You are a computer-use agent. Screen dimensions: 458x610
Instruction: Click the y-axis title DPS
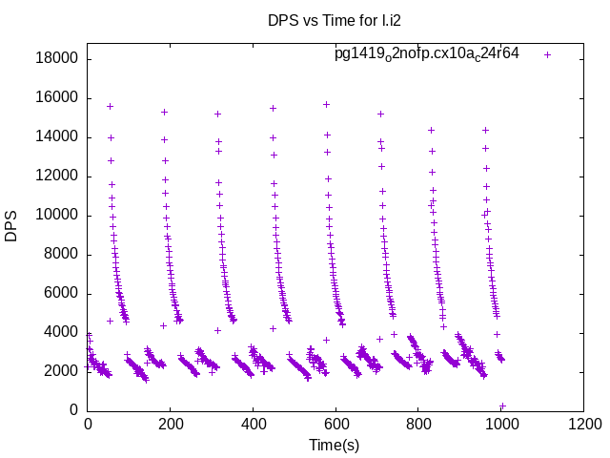[x=12, y=226]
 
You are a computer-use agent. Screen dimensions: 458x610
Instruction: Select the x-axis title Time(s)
[x=335, y=445]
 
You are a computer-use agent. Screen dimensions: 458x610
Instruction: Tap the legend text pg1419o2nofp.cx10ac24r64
[x=426, y=53]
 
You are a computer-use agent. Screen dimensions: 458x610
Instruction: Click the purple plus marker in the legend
[x=548, y=54]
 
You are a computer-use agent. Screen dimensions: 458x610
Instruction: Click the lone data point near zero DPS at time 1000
[x=502, y=406]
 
